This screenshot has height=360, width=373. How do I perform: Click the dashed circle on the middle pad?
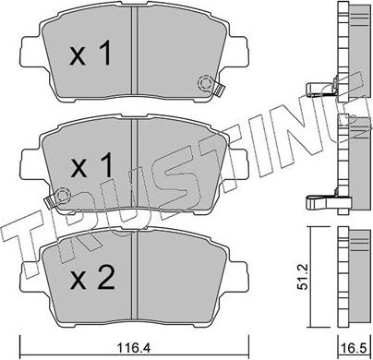pos(62,196)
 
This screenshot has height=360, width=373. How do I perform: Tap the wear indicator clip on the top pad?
pos(219,90)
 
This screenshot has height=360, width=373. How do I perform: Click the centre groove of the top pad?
pos(136,55)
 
